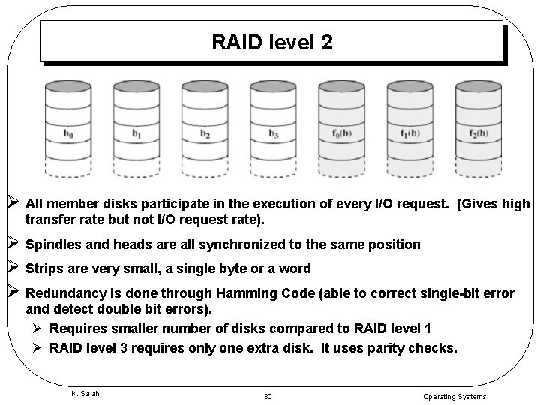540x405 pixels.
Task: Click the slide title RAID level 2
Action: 271,42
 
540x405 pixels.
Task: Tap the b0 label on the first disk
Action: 68,134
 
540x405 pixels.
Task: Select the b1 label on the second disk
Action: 136,134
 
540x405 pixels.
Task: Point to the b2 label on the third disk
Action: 205,134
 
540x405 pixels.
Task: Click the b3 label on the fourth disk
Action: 273,134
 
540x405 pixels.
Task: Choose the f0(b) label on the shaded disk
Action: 341,134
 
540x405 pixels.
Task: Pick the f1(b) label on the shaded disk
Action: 409,134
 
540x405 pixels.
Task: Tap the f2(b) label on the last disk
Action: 478,134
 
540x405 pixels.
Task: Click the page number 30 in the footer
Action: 268,396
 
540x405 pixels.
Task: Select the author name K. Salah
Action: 84,393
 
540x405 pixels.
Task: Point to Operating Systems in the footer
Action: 454,396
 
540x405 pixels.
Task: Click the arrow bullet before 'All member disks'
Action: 12,203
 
